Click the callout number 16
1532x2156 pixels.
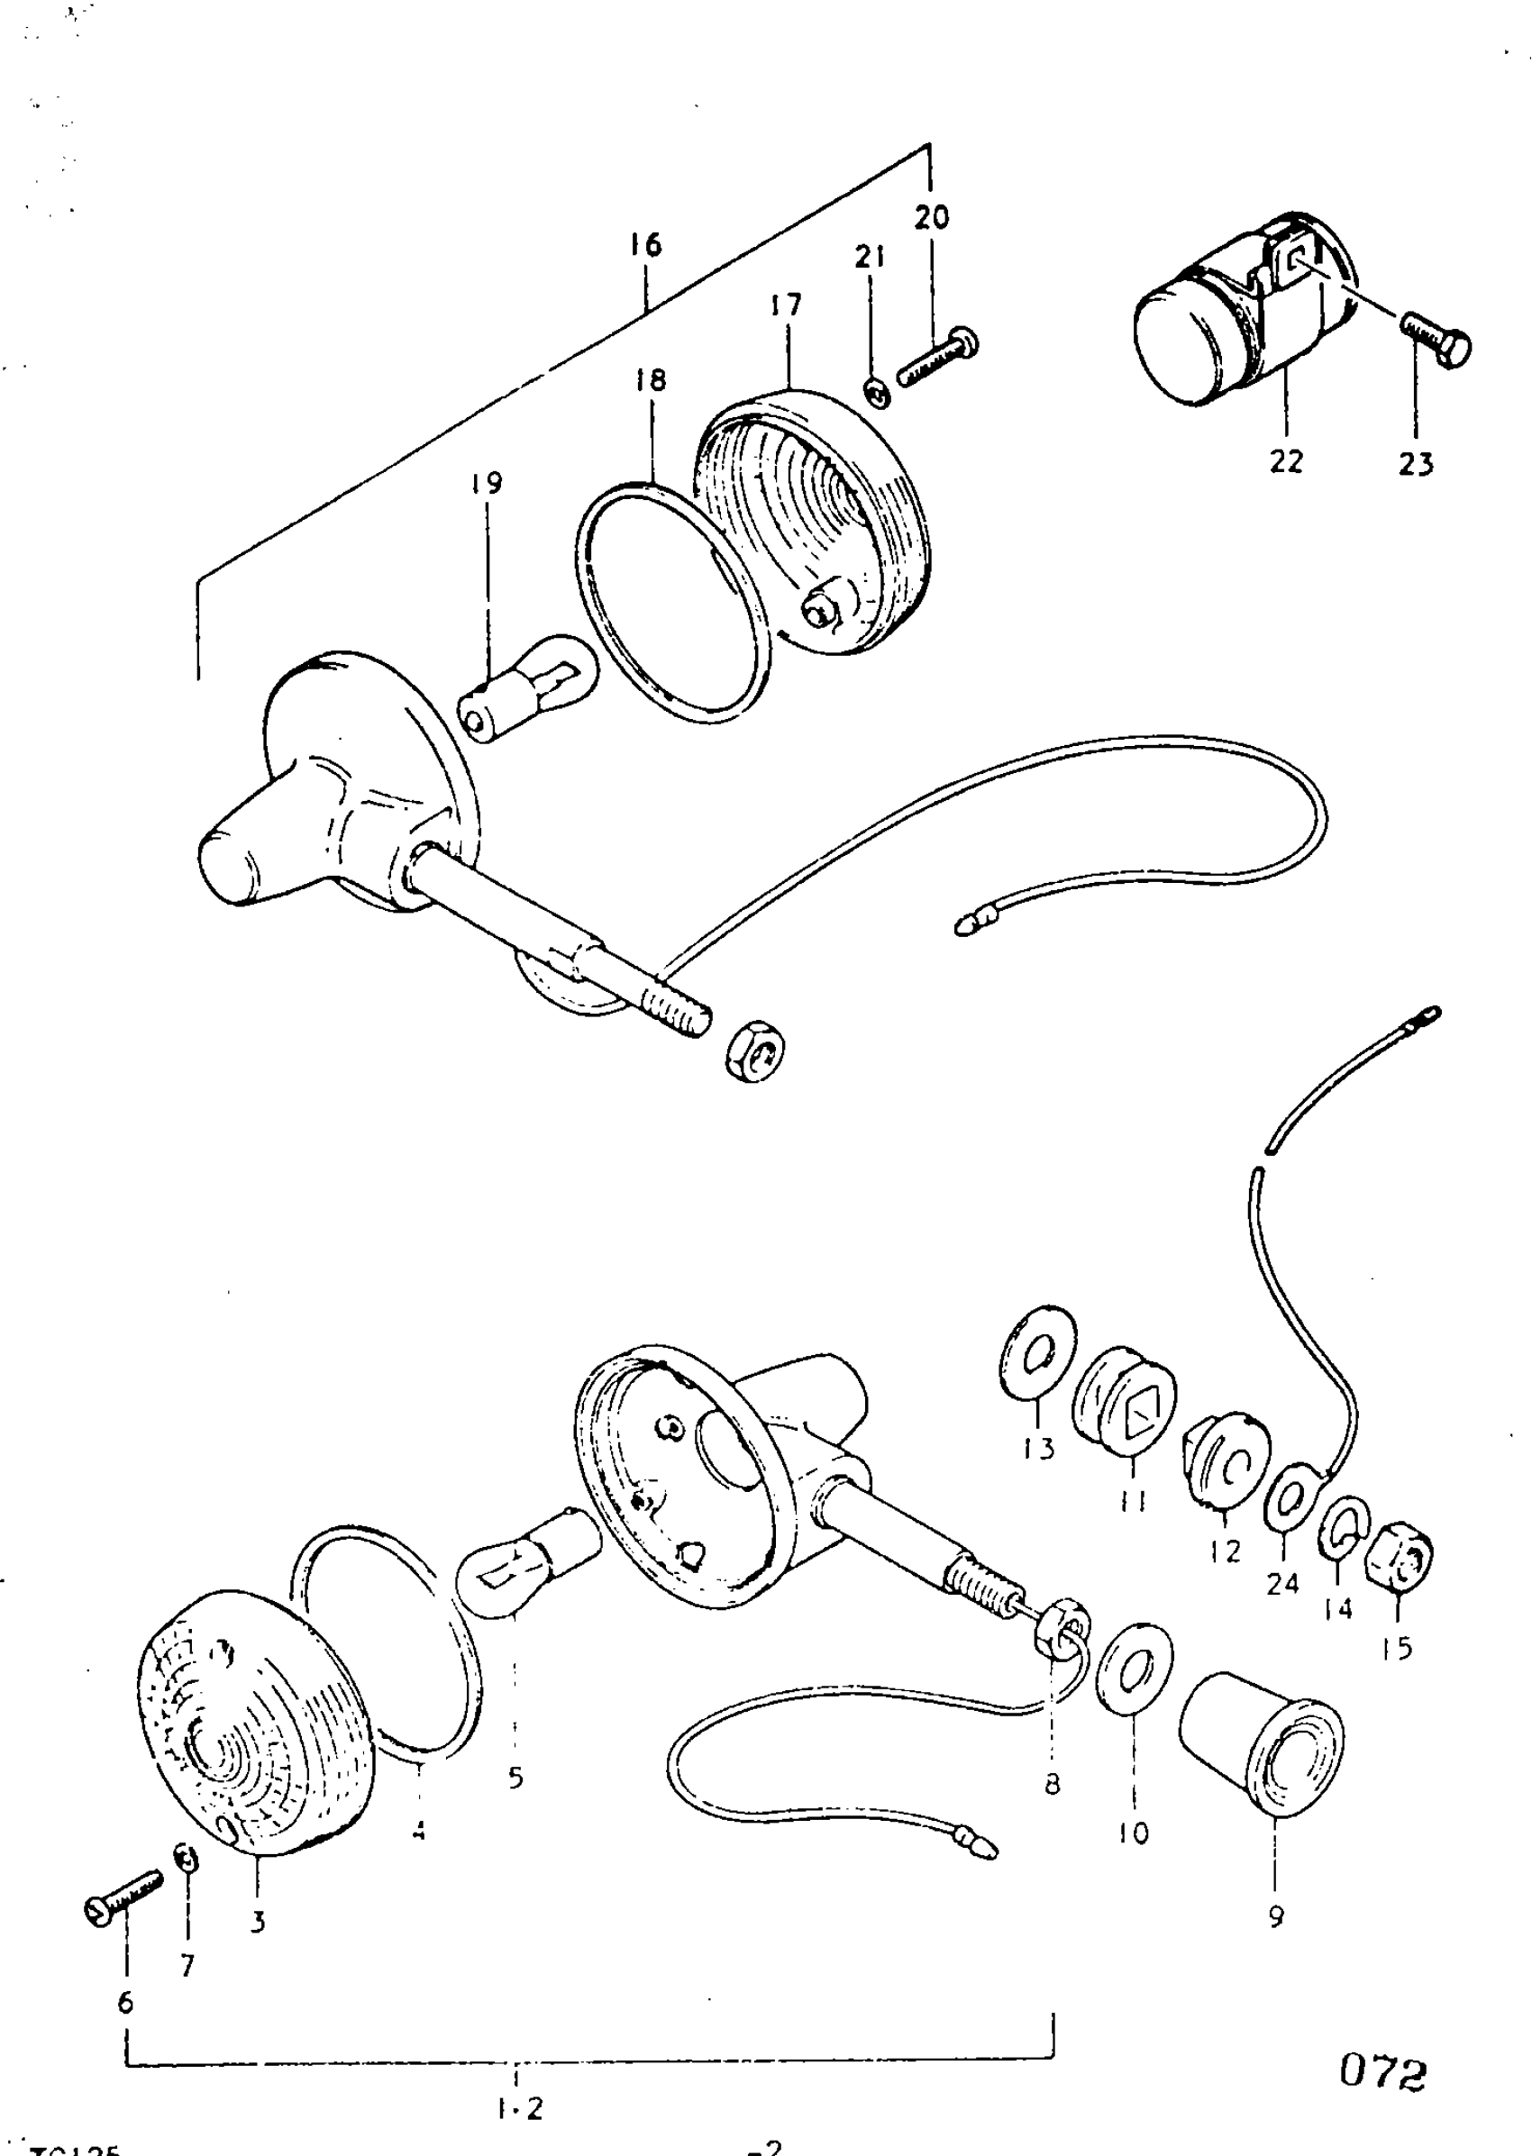pos(646,245)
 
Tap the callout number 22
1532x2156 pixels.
pos(1286,461)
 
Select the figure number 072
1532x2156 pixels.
pos(1383,2073)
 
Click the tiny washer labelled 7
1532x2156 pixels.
pos(187,1858)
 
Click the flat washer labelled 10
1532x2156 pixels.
pos(1135,1673)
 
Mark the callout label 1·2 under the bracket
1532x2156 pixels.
pos(519,2108)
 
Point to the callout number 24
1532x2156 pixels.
pos(1283,1584)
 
